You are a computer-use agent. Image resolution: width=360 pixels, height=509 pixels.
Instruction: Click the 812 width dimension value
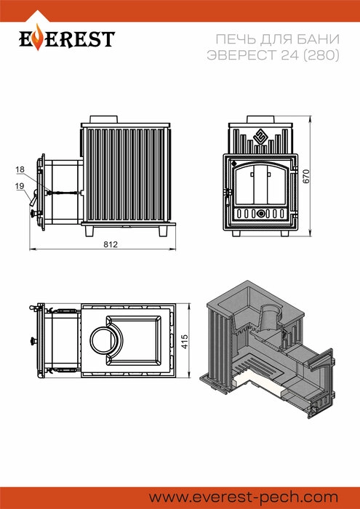coord(111,244)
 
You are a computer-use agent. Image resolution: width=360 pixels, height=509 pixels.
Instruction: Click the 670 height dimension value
coord(306,176)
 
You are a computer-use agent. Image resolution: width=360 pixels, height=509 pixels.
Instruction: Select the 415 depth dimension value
coord(185,342)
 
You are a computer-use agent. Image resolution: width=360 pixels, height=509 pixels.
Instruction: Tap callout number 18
coord(20,169)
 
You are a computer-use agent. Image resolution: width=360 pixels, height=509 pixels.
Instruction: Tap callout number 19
coord(20,186)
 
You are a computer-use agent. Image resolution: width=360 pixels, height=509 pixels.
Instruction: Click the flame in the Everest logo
coord(39,37)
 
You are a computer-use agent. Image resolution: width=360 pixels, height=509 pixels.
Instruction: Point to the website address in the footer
coord(244,497)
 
